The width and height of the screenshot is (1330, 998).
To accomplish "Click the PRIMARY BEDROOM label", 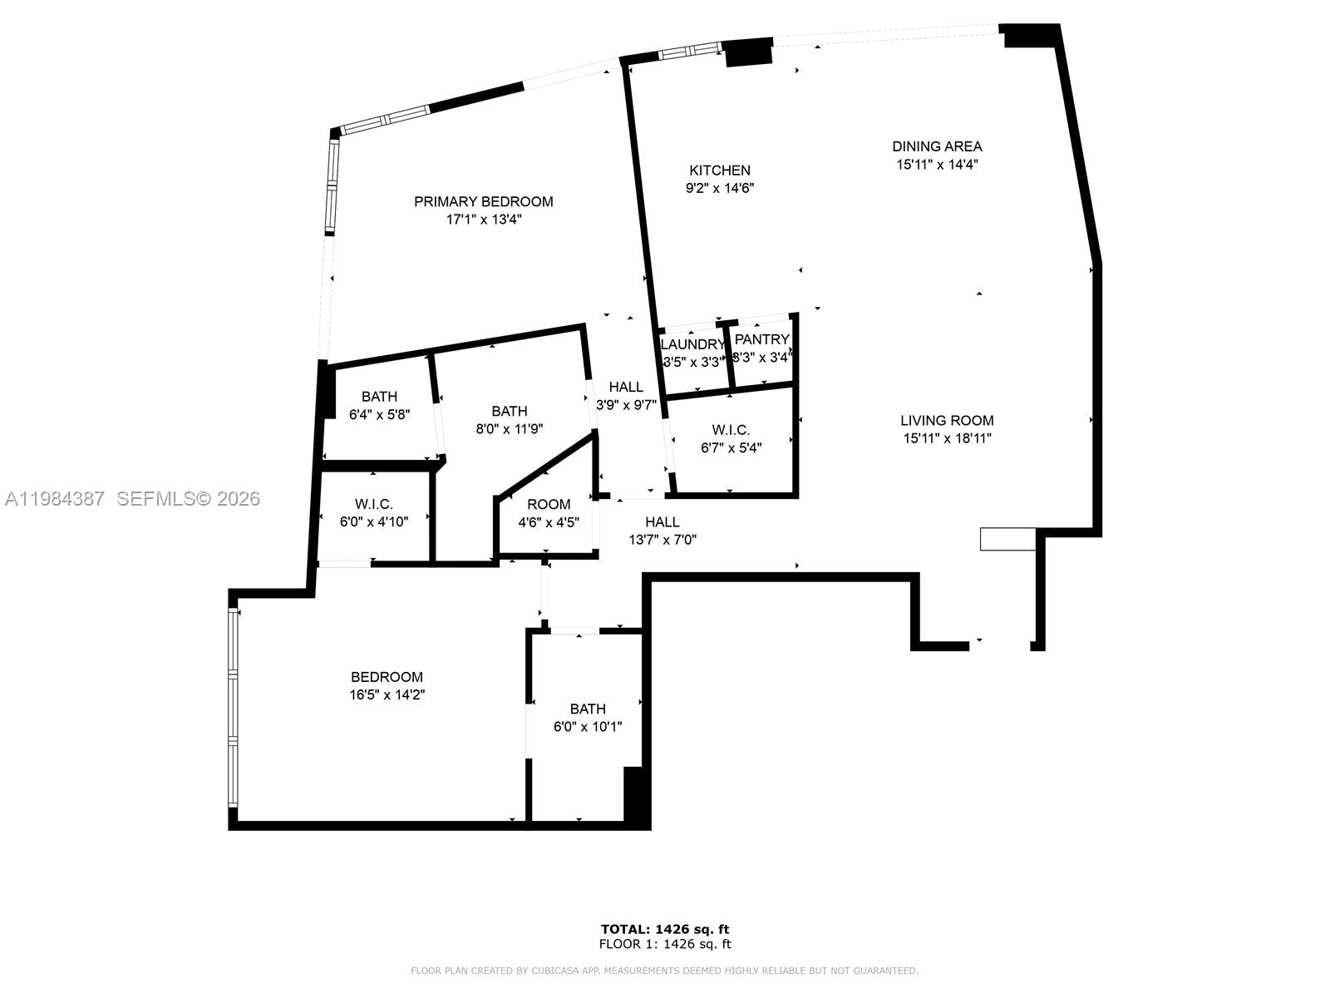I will (483, 201).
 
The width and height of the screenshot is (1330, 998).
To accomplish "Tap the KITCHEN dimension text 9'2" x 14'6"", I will (719, 189).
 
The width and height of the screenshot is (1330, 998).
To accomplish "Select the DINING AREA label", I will (937, 146).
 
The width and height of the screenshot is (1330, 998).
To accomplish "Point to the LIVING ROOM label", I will (947, 421).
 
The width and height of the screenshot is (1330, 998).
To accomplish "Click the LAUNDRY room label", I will (692, 344).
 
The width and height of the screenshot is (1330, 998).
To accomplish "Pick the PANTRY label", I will (761, 339).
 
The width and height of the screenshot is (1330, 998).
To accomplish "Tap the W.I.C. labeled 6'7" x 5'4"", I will (731, 430).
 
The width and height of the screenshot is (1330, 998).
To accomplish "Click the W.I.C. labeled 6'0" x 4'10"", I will (373, 504).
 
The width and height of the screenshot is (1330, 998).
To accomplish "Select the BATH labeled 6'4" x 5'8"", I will (379, 397).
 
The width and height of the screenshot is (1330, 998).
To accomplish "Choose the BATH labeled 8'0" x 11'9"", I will (509, 411).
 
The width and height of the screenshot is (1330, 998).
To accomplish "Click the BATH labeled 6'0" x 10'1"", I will (588, 709).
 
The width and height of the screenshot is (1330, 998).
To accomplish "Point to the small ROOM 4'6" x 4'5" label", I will (549, 504).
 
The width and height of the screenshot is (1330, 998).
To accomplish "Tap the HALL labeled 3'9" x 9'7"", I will (626, 387).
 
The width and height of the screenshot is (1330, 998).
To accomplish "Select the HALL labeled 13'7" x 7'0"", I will (663, 521).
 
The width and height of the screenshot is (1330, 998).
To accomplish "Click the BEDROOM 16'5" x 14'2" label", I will (387, 677).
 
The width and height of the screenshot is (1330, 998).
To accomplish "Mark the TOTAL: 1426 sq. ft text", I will (665, 929).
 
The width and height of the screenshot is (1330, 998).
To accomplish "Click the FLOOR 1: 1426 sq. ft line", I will (665, 944).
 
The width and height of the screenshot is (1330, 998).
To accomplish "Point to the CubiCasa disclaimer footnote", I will (665, 971).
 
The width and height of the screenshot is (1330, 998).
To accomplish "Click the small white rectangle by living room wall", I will (1007, 539).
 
